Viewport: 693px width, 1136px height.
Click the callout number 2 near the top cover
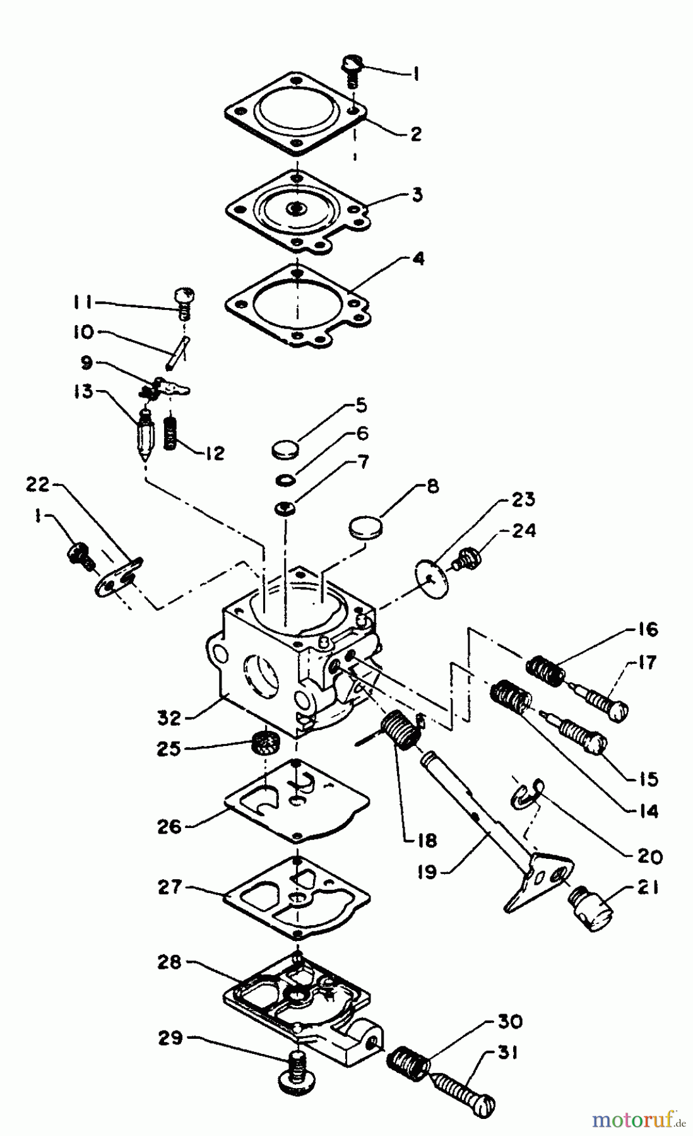coord(415,134)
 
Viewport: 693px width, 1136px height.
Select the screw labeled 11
coord(184,302)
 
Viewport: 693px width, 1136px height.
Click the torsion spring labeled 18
coord(400,730)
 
